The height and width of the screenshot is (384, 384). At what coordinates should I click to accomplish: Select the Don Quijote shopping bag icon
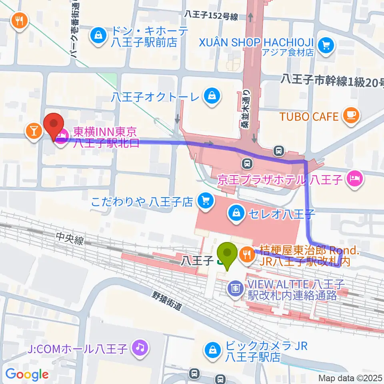point(98,36)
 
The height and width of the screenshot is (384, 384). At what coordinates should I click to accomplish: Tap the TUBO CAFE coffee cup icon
point(352,116)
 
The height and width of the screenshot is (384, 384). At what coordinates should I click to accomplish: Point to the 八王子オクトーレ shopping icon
point(211,96)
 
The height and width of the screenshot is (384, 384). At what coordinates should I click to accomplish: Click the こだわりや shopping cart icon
point(205,200)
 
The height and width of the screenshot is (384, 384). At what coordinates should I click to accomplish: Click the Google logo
point(27,374)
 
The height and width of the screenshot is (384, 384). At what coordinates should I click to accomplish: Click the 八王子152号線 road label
point(211,16)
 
